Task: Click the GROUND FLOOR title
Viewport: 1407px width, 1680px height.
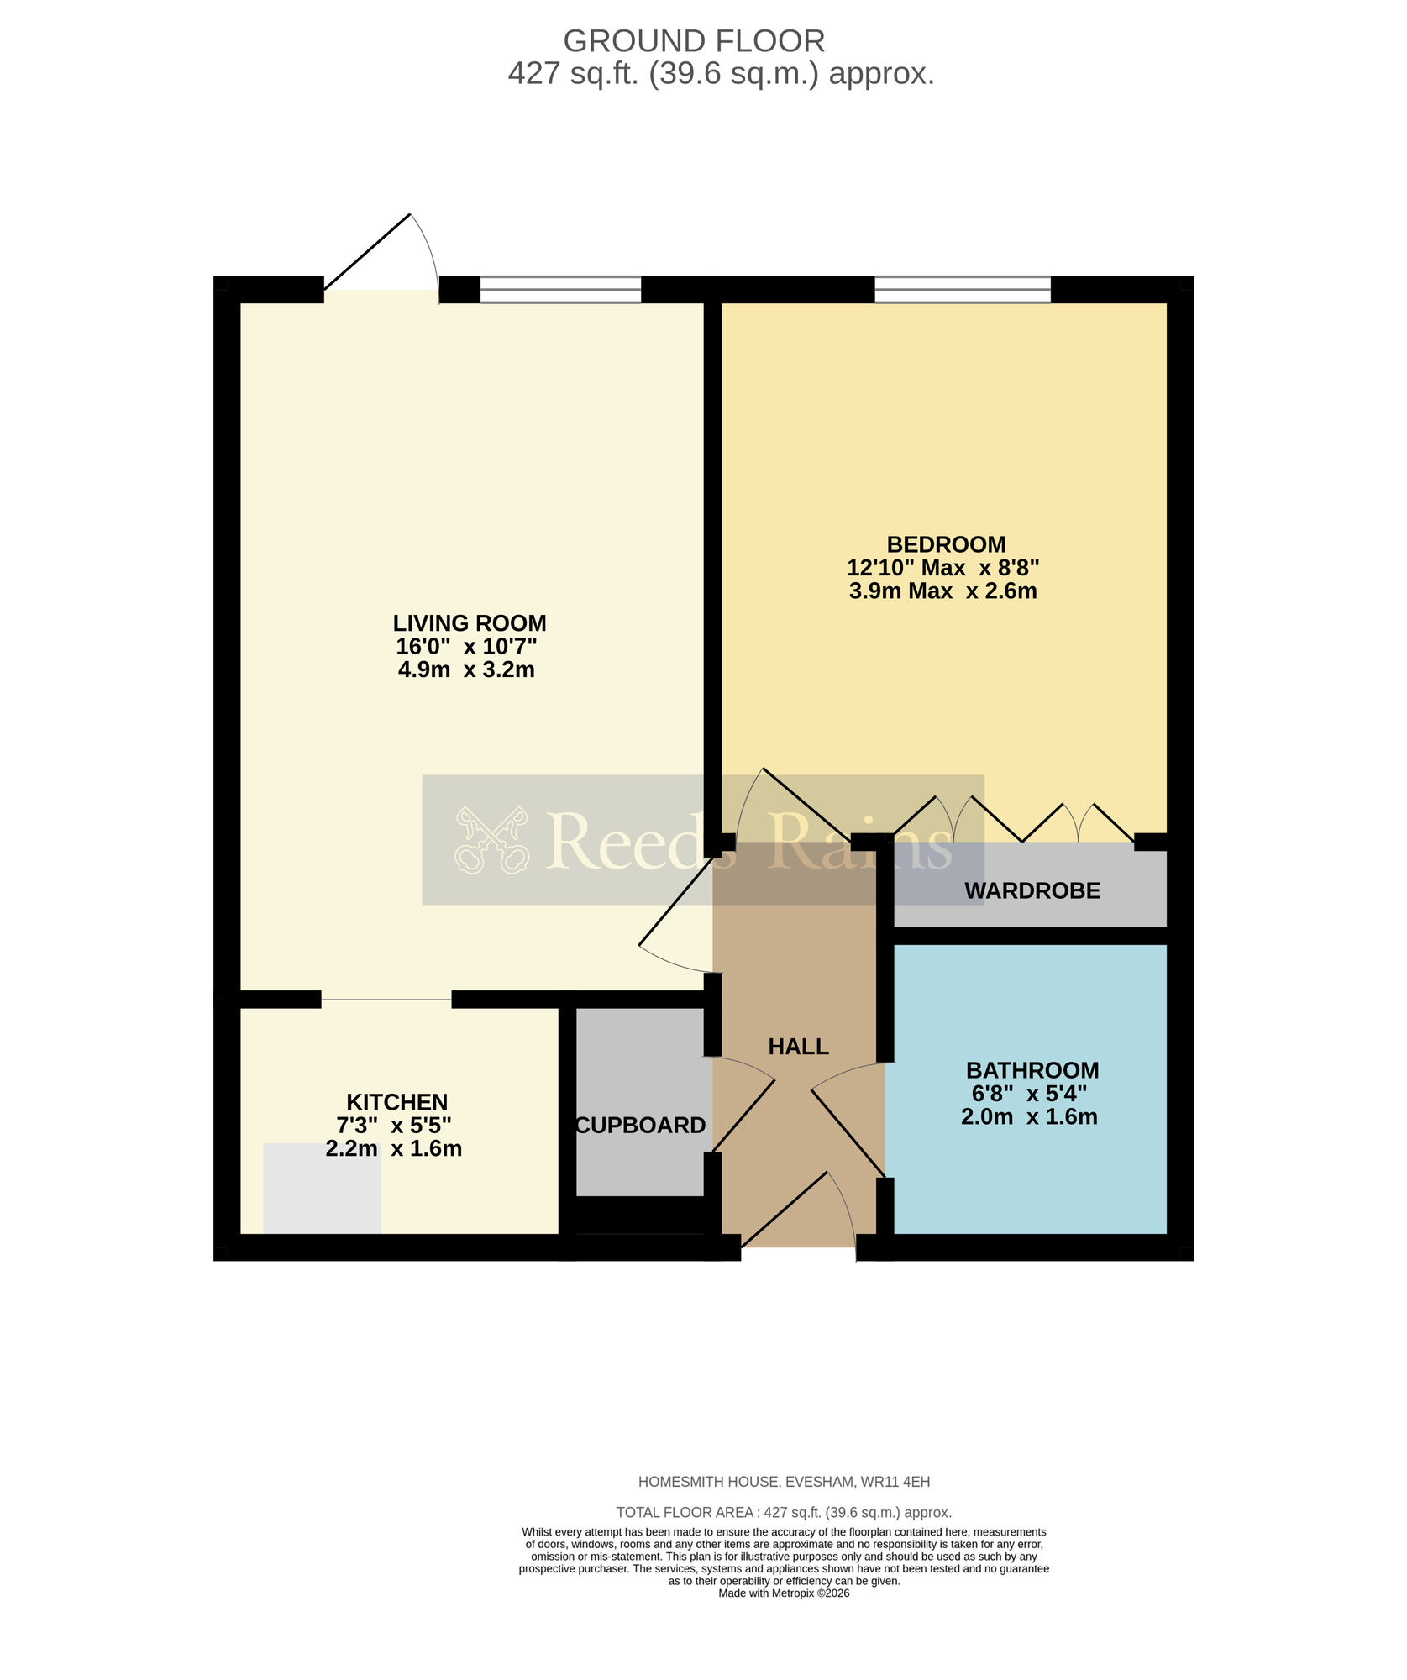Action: coord(693,40)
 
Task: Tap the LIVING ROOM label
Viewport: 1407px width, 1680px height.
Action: coord(469,623)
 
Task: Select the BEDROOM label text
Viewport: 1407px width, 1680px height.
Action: coord(946,544)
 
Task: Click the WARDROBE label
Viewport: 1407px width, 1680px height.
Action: coord(1032,890)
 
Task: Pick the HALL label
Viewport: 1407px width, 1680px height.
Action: coord(798,1047)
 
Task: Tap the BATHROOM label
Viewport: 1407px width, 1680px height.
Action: coord(1032,1070)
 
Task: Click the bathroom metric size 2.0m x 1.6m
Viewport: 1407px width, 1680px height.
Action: coord(1029,1116)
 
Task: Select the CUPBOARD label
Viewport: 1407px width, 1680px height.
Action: coord(640,1126)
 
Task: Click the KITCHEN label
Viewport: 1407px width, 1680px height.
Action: coord(396,1102)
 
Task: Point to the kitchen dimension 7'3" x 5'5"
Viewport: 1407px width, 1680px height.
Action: coord(393,1125)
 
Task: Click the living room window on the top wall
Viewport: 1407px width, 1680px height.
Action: coord(560,289)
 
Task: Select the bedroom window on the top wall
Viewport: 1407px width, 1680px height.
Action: coord(962,289)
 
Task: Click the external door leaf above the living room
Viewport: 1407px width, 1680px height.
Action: coord(368,252)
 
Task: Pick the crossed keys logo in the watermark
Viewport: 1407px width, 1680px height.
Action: coord(491,840)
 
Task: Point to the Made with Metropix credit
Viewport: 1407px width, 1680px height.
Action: coord(783,1593)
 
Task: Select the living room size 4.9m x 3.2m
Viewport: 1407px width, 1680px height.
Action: coord(466,669)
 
